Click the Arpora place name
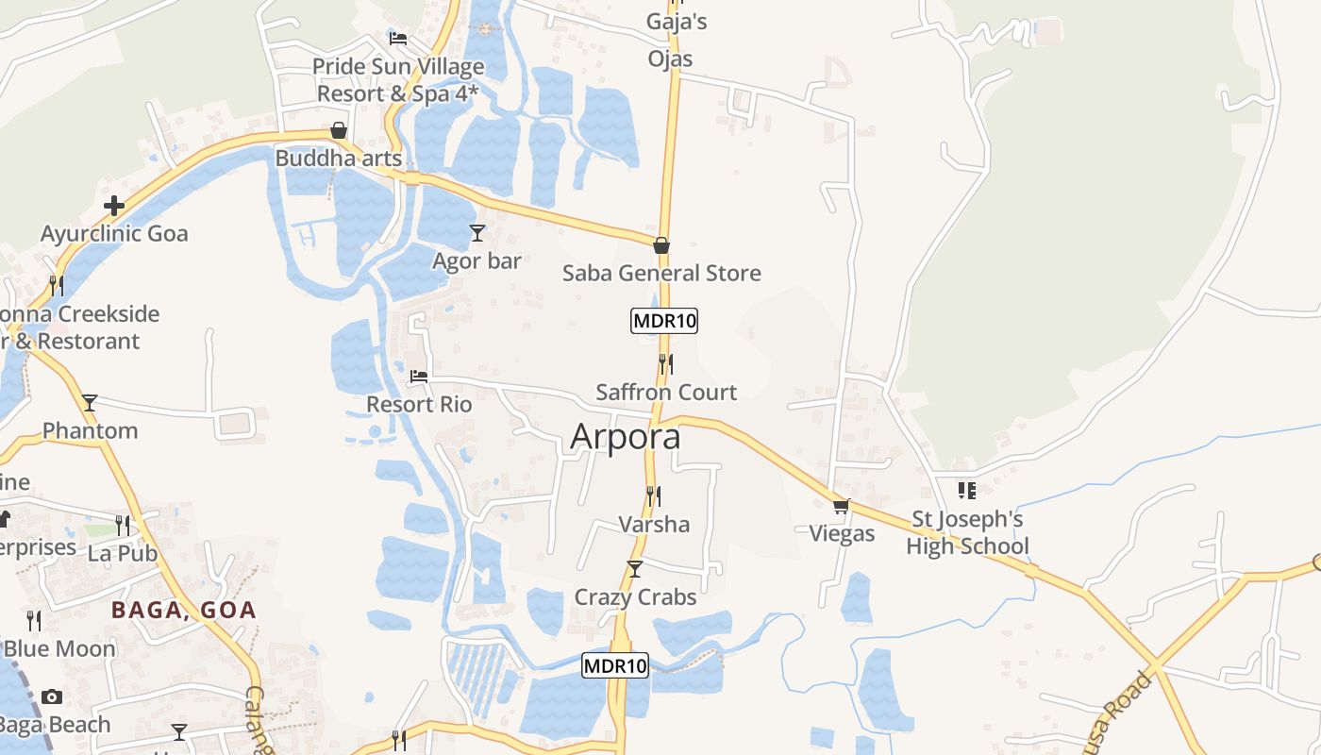[x=626, y=438]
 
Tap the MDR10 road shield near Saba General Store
[x=664, y=321]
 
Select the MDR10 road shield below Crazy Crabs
[x=615, y=665]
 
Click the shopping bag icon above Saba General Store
[x=661, y=245]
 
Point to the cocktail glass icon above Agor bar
[x=477, y=232]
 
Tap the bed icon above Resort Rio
[x=419, y=377]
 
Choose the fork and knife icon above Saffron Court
[x=666, y=363]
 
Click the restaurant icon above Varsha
[x=653, y=495]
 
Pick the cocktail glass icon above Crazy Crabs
[x=635, y=568]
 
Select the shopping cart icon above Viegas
[x=842, y=506]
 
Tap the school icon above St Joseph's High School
[x=967, y=491]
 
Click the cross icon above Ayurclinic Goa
[x=114, y=206]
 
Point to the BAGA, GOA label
[x=184, y=610]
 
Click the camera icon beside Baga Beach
[x=52, y=696]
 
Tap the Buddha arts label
[x=339, y=159]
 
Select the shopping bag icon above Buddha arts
[x=339, y=130]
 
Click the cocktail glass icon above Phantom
[x=90, y=403]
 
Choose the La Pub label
[x=123, y=553]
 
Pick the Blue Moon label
[x=59, y=649]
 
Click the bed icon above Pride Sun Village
[x=398, y=39]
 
